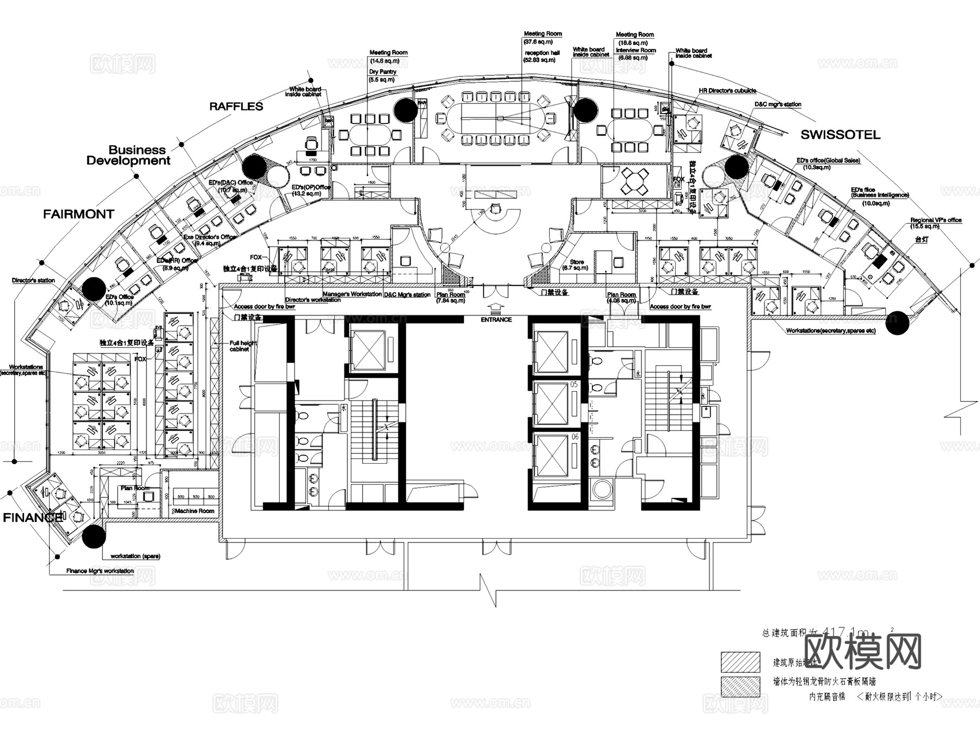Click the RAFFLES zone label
pyautogui.click(x=236, y=106)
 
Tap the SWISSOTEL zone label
pyautogui.click(x=840, y=134)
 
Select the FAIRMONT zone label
pyautogui.click(x=78, y=214)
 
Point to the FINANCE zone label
pyautogui.click(x=32, y=518)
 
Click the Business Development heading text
pyautogui.click(x=128, y=155)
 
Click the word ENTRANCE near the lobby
pyautogui.click(x=496, y=319)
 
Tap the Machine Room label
pyautogui.click(x=194, y=511)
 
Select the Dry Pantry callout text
pyautogui.click(x=383, y=72)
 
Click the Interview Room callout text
pyautogui.click(x=635, y=50)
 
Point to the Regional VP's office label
pyautogui.click(x=936, y=220)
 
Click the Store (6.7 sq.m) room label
pyautogui.click(x=577, y=264)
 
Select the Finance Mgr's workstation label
pyautogui.click(x=100, y=571)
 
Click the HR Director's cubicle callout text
pyautogui.click(x=727, y=91)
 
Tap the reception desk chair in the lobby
pyautogui.click(x=495, y=208)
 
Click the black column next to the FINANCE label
pyautogui.click(x=94, y=537)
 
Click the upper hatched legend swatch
pyautogui.click(x=740, y=662)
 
